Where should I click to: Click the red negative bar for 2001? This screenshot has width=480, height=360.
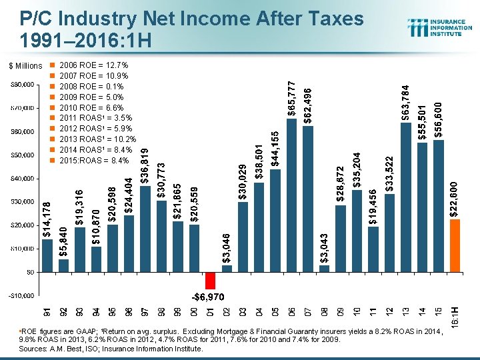tap(210, 280)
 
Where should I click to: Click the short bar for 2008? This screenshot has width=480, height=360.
tap(324, 268)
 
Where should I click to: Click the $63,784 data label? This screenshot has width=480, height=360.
tap(406, 101)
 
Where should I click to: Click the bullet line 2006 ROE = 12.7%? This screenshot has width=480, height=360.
tap(94, 66)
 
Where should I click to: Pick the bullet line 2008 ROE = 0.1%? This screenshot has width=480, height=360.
tap(94, 87)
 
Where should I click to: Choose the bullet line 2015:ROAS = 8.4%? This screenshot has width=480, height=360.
tap(94, 160)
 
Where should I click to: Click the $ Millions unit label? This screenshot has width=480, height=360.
tap(25, 66)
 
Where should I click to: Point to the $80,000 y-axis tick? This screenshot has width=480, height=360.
tap(23, 85)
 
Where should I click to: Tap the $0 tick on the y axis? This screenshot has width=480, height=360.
tap(30, 272)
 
